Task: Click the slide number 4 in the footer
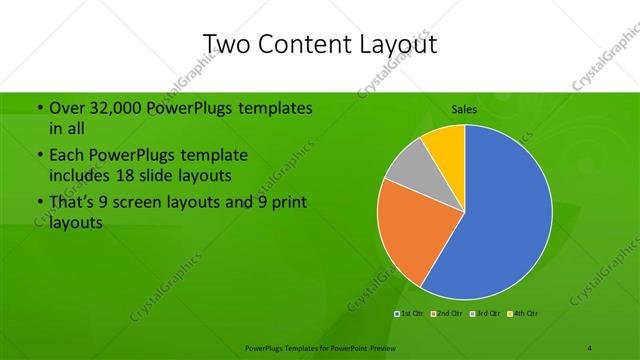(591, 348)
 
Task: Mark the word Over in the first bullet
(64, 108)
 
